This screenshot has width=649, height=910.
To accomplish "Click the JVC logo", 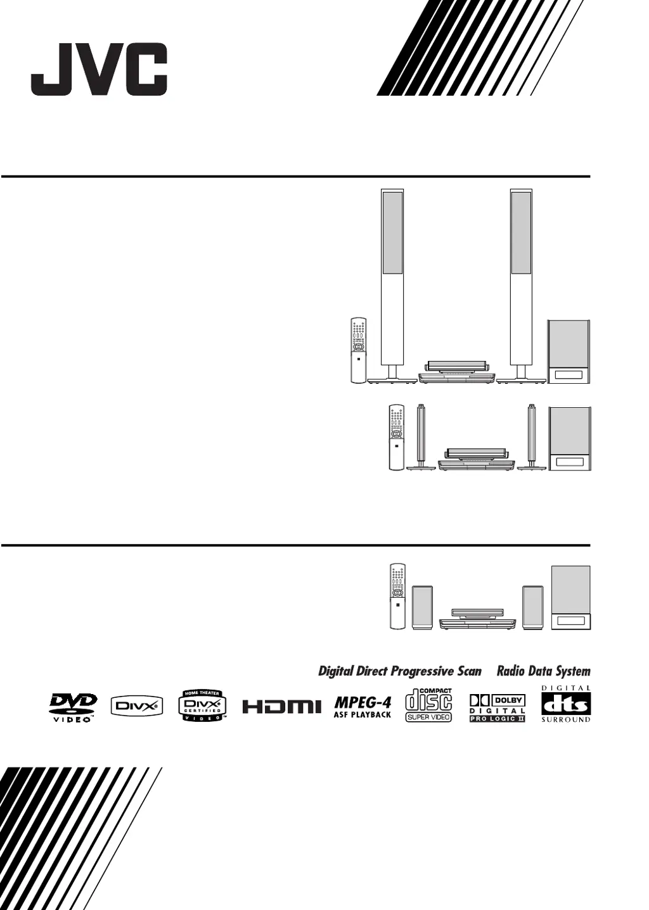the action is (99, 70).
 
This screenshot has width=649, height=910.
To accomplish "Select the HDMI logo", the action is (278, 706).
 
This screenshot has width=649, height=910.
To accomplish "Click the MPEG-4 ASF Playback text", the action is (363, 707).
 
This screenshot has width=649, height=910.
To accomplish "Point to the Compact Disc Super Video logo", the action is (428, 705).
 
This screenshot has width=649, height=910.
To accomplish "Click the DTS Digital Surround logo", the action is (565, 704).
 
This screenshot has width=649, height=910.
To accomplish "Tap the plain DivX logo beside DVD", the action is (137, 705).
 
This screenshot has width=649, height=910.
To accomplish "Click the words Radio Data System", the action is (543, 671).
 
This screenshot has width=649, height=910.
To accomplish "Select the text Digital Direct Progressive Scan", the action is (399, 671).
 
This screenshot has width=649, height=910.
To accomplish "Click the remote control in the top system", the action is (358, 350).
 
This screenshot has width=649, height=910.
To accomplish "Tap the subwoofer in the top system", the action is (569, 353).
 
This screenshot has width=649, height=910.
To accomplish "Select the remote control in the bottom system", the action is (397, 596).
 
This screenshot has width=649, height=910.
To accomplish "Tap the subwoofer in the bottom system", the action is (571, 598).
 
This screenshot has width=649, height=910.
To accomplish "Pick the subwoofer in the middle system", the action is (570, 438).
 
